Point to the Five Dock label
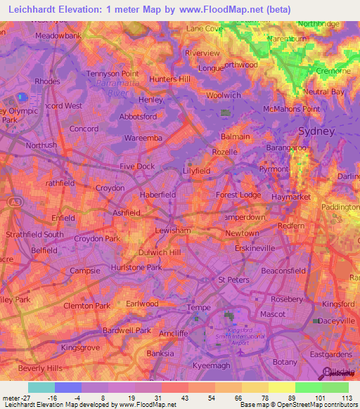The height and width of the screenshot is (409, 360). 136,167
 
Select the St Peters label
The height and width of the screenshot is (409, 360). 232,280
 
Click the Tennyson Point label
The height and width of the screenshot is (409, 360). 112,73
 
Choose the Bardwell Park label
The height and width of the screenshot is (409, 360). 127,330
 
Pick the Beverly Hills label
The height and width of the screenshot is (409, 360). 41,368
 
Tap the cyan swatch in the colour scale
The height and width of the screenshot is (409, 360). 41,387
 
